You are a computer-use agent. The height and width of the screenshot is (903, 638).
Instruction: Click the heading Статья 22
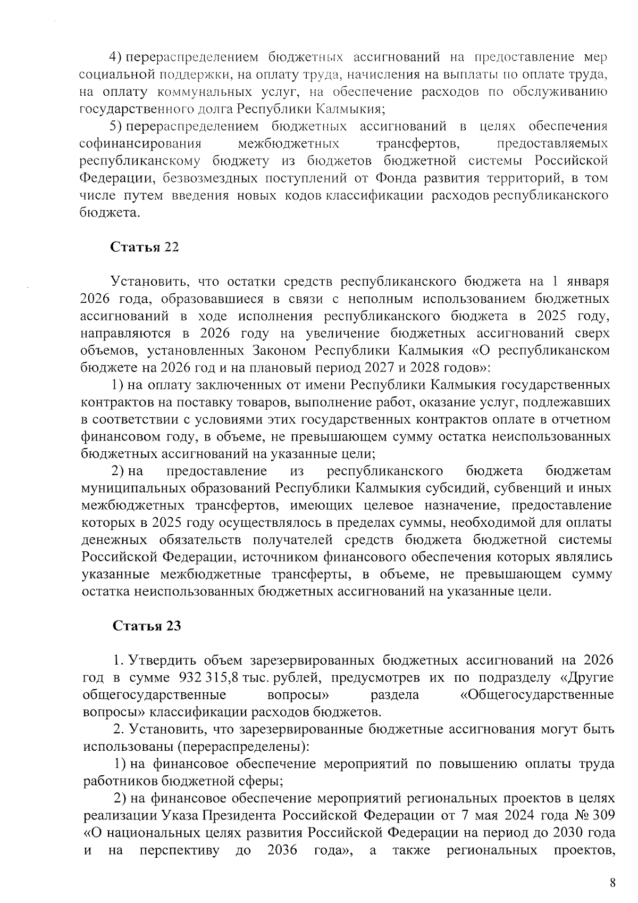[x=144, y=247]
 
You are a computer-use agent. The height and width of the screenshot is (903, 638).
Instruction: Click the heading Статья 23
[x=147, y=626]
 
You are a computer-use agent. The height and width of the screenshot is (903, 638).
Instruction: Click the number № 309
[x=595, y=815]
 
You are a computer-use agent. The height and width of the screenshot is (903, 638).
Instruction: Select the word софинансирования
[x=140, y=144]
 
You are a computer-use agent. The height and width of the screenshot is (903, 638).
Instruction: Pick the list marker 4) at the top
[x=116, y=57]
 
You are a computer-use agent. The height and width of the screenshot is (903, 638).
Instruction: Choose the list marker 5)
[x=116, y=127]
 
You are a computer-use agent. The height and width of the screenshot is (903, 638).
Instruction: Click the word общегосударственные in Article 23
[x=155, y=695]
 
